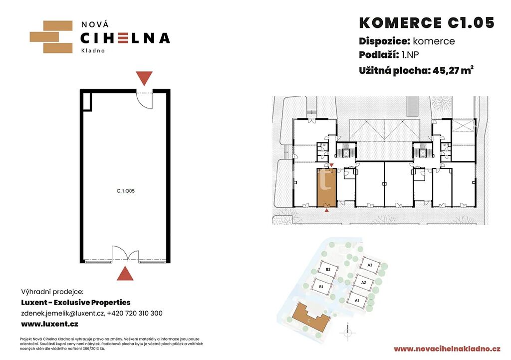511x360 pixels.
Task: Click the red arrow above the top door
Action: click(x=144, y=78)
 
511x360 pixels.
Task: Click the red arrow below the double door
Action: click(x=125, y=273)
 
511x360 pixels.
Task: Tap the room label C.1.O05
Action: click(x=125, y=191)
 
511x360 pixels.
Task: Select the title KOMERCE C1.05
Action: click(x=427, y=23)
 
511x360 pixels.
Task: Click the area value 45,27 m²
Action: click(x=453, y=70)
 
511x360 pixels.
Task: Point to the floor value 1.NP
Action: click(x=410, y=55)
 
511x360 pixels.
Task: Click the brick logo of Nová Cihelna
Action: click(x=51, y=37)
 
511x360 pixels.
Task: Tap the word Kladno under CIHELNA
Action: click(x=93, y=50)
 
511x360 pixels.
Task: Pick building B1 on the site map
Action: click(x=322, y=287)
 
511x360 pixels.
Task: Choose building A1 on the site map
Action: click(x=357, y=300)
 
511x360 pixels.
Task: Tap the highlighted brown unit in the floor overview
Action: click(x=326, y=188)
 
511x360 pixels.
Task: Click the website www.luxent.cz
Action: click(x=49, y=324)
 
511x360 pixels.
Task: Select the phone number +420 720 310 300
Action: click(x=135, y=314)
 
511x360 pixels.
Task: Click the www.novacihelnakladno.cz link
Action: click(x=447, y=349)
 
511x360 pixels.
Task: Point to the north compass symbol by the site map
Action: click(x=348, y=332)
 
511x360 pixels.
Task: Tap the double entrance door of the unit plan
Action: click(x=125, y=254)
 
